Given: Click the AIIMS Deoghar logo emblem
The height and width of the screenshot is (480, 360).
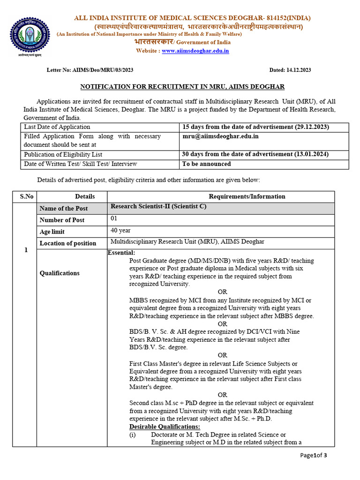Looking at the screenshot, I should tap(30, 35).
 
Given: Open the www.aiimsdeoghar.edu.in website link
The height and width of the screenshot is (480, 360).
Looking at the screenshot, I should tap(195, 51).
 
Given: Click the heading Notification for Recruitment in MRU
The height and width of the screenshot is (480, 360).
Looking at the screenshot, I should tap(182, 87).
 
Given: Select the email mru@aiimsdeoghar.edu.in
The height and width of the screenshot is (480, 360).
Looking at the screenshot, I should tap(220, 136).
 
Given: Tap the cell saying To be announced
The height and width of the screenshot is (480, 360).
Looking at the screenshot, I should tap(206, 164).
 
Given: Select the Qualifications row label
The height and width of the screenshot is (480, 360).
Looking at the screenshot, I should tap(60, 273).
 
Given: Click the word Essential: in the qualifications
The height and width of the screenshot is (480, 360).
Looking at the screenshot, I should tap(121, 253).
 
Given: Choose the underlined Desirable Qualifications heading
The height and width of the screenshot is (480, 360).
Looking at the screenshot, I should tap(165, 427).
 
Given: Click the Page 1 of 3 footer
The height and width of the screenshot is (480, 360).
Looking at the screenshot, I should tap(314, 456).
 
